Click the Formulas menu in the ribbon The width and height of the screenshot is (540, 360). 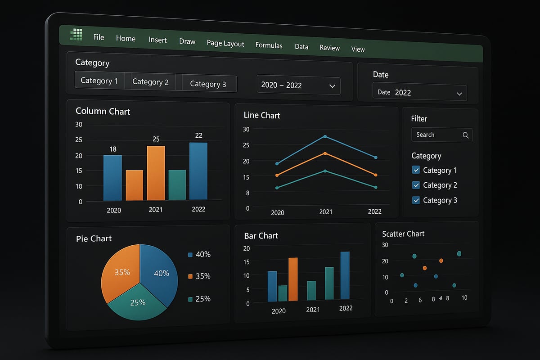[269, 45]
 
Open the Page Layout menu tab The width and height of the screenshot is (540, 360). [225, 43]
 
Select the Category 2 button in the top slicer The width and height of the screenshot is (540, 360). [150, 82]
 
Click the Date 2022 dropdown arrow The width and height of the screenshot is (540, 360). [459, 94]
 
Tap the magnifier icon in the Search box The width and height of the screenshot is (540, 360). [465, 135]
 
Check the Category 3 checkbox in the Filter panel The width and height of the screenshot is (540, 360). [416, 200]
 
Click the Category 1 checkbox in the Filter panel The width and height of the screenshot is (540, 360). [416, 170]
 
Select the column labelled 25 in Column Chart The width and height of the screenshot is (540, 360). [156, 173]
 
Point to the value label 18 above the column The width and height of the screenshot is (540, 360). [113, 149]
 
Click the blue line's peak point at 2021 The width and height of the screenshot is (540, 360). [325, 136]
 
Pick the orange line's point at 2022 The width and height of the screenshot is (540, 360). [375, 175]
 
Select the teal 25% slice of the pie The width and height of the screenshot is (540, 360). [138, 302]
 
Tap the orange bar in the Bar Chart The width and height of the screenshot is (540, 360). [293, 279]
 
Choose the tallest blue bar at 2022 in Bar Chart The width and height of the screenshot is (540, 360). [345, 275]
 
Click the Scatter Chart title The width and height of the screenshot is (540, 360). [403, 234]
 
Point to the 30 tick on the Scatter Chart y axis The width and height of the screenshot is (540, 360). [385, 245]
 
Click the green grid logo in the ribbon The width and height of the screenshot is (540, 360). [76, 35]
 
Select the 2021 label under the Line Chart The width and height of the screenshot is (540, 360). [325, 211]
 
